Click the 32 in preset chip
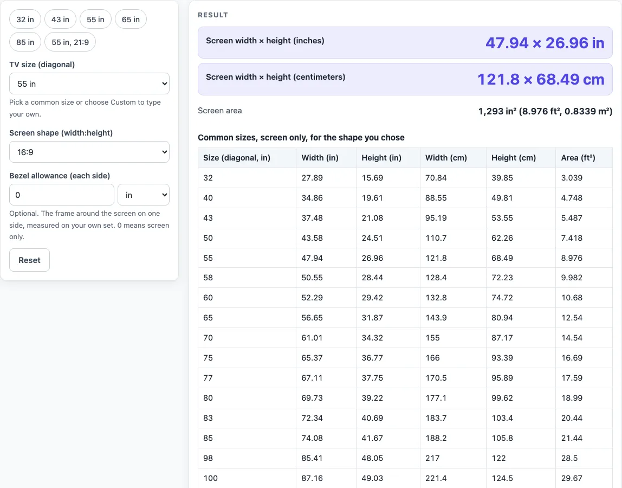[25, 20]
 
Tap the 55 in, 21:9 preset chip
[70, 42]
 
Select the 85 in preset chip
[25, 42]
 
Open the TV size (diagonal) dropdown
[89, 84]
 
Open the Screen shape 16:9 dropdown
[89, 152]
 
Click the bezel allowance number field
[61, 195]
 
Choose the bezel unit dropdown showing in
[144, 195]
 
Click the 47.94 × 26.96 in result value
[545, 43]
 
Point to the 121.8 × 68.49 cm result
[541, 79]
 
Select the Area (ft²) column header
[578, 158]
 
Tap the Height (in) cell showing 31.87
[372, 318]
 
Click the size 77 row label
[208, 377]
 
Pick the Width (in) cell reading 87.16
[312, 478]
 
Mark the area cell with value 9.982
[572, 278]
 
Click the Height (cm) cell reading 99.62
[502, 398]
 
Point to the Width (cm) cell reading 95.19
[436, 218]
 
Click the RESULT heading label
[212, 15]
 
